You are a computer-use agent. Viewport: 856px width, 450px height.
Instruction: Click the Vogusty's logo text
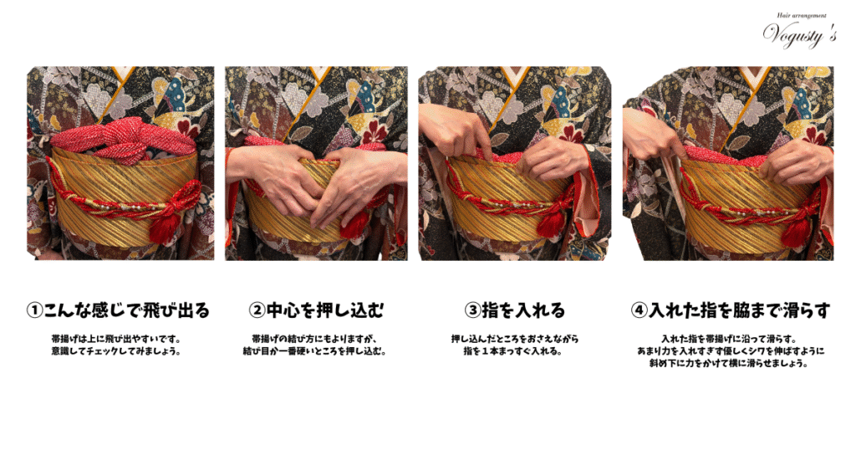(x=799, y=35)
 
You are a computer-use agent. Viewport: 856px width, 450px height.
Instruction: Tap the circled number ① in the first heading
(x=34, y=311)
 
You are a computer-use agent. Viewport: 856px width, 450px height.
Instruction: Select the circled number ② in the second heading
(x=257, y=311)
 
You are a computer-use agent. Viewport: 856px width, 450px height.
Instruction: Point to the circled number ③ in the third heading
(x=472, y=311)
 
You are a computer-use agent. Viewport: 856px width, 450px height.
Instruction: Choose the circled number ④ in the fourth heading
(x=639, y=311)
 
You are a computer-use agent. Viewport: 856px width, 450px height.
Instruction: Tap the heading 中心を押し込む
(x=325, y=311)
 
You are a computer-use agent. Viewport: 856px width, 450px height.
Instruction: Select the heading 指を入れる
(x=523, y=311)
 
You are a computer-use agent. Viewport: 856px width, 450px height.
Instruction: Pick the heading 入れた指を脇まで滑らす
(x=740, y=311)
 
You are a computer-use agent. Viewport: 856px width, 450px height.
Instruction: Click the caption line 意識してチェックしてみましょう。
(x=116, y=351)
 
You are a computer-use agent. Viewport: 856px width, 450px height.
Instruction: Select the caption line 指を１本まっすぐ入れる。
(x=514, y=351)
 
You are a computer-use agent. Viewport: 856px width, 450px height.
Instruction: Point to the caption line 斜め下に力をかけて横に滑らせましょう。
(x=730, y=363)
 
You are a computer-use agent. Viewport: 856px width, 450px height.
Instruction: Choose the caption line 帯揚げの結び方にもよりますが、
(x=315, y=339)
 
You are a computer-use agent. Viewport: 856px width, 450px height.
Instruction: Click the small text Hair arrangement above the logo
(x=802, y=16)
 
